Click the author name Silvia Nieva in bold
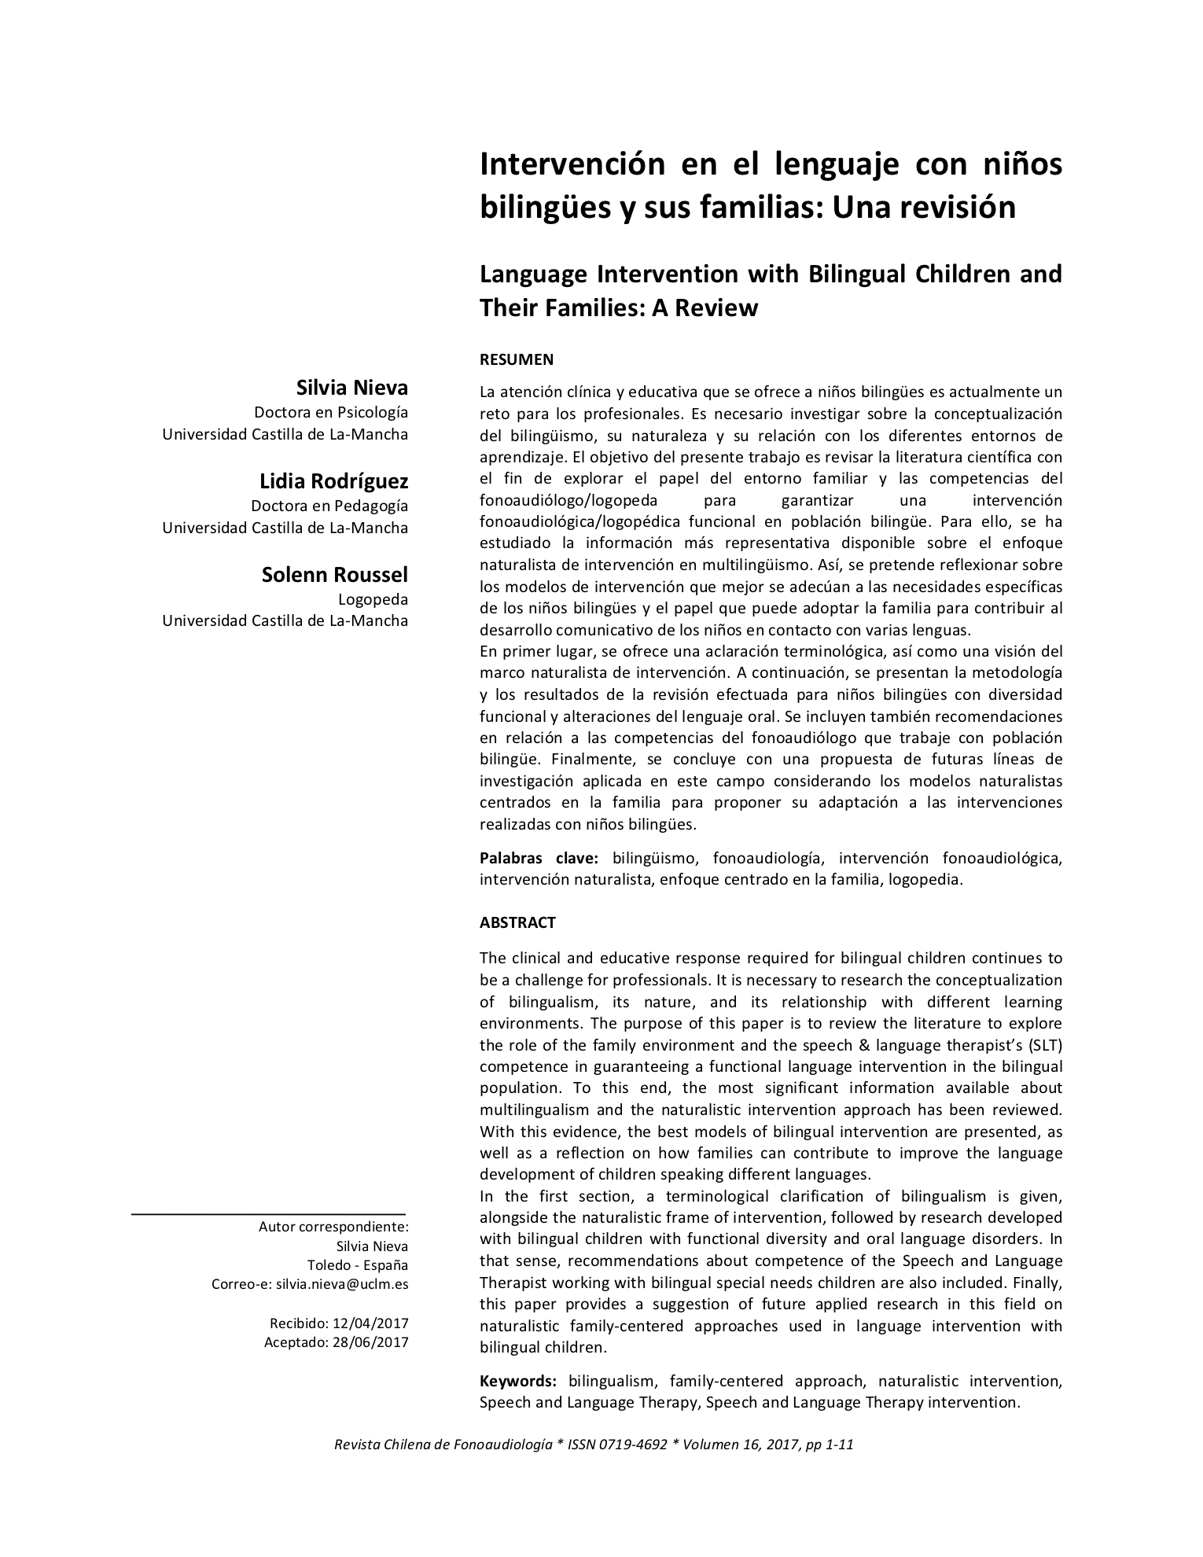(x=351, y=387)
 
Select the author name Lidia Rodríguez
(x=333, y=480)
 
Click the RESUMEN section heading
(x=517, y=359)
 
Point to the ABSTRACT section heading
(x=517, y=922)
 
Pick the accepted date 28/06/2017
(x=370, y=1342)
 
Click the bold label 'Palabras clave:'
(x=539, y=858)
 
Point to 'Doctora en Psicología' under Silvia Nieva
(x=331, y=412)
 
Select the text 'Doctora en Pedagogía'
(x=329, y=506)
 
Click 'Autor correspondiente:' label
(x=333, y=1227)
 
